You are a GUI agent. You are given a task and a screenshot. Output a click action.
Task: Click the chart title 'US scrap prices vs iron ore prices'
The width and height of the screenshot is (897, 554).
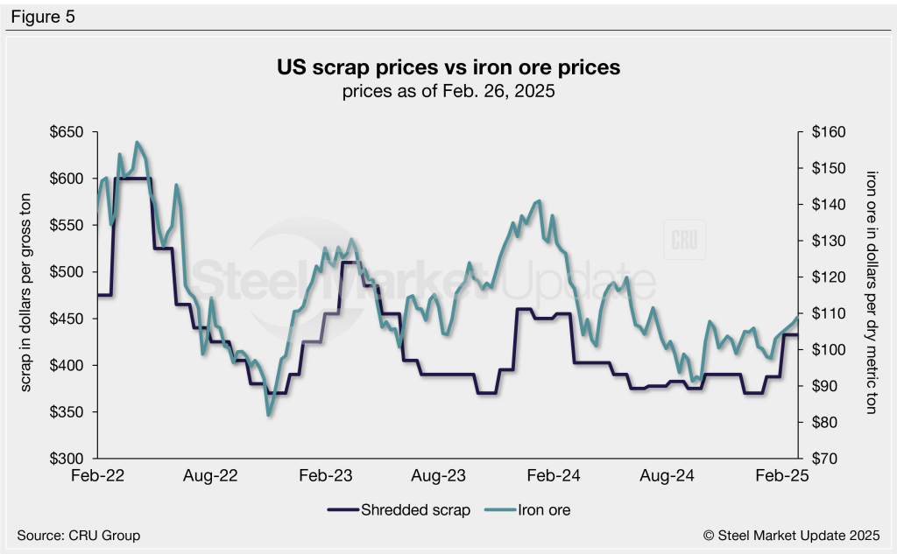coord(448,67)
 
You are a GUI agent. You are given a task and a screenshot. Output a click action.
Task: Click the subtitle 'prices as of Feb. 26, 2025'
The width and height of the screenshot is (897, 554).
coord(448,91)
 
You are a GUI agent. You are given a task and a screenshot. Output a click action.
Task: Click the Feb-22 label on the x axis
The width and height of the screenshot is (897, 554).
coord(98,476)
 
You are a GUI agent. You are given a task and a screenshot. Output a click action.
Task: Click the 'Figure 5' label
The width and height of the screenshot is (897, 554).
coord(43,17)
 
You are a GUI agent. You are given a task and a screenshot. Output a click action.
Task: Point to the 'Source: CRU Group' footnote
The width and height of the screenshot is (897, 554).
coord(78,535)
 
